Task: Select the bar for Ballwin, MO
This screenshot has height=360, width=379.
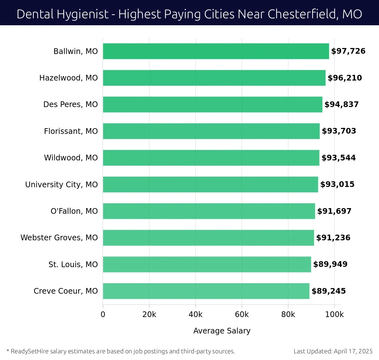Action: click(216, 51)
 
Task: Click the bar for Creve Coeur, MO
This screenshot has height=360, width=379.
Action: click(206, 291)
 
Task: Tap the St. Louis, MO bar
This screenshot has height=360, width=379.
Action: click(207, 264)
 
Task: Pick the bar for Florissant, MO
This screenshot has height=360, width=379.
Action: click(211, 131)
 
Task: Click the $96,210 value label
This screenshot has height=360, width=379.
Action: click(345, 78)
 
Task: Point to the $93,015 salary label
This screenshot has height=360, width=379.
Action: click(337, 184)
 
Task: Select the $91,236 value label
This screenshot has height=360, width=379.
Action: click(333, 238)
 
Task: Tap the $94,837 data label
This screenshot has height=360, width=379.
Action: click(341, 105)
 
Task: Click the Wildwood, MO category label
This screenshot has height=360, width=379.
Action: click(71, 158)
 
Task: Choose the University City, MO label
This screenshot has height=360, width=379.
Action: click(61, 184)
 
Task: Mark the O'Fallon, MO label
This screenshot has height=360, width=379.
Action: click(74, 211)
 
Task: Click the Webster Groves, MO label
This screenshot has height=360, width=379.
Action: click(59, 238)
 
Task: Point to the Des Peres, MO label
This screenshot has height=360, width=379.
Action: click(70, 105)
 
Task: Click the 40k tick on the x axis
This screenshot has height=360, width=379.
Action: click(196, 315)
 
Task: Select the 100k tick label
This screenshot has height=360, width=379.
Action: click(334, 315)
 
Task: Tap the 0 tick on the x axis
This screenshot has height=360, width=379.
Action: click(103, 315)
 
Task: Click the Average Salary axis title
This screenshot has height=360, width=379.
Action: click(222, 331)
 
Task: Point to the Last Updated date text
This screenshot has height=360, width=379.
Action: click(333, 351)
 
